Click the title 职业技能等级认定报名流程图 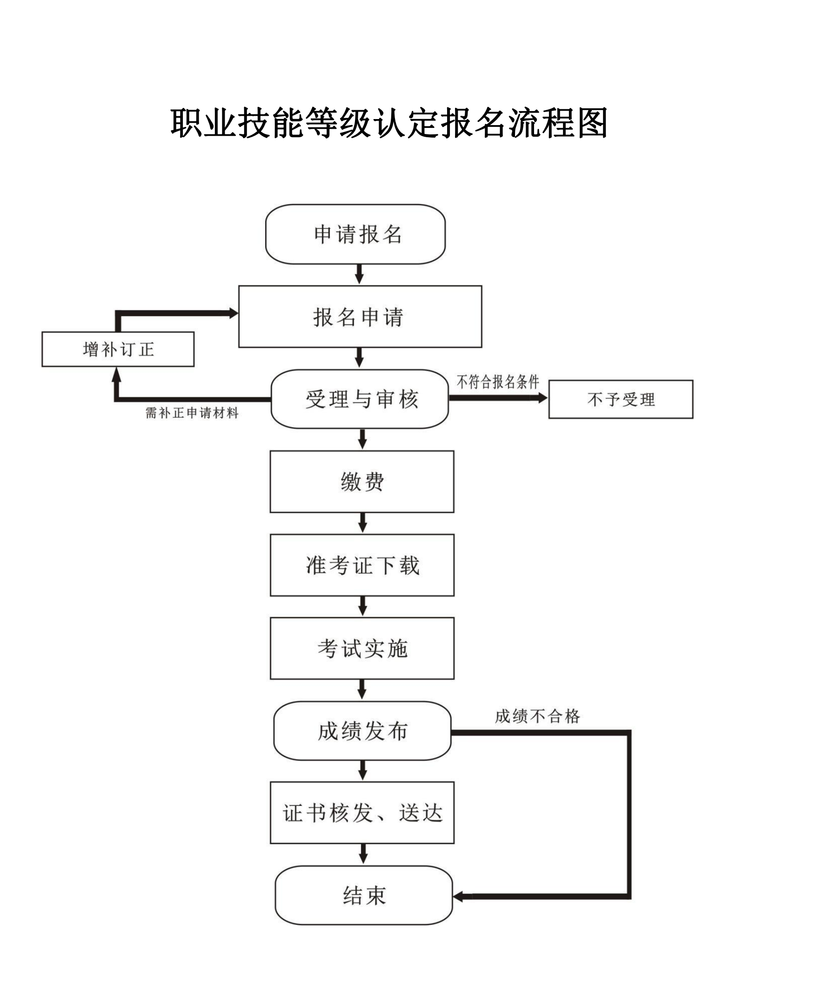[x=389, y=123]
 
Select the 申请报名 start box [x=355, y=234]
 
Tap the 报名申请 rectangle [x=360, y=317]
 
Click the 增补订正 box [x=118, y=349]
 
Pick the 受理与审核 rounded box [x=360, y=399]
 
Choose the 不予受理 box [x=621, y=399]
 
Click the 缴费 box [x=362, y=482]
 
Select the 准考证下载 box [x=362, y=565]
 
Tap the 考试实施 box [x=362, y=648]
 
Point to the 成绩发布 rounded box [x=362, y=731]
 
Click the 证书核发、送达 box [x=362, y=813]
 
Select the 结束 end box [x=364, y=896]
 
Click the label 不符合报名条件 [x=498, y=382]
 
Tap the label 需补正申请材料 [x=192, y=413]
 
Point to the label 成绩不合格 [x=537, y=717]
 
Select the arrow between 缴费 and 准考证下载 [x=362, y=523]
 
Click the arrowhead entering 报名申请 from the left [x=233, y=313]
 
